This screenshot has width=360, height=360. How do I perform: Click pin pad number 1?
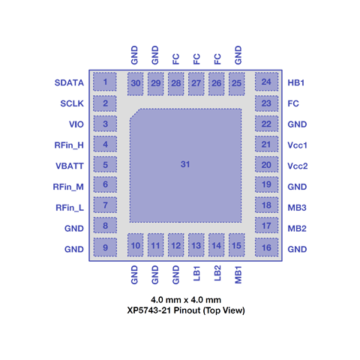point(105,82)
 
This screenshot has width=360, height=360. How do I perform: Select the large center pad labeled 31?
point(185,165)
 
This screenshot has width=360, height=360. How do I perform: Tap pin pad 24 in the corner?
point(266,82)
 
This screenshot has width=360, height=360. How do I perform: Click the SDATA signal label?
point(69,82)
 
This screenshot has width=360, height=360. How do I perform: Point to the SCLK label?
point(72,103)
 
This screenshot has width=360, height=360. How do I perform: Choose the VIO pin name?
point(76,124)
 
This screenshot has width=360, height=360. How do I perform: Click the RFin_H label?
point(69,145)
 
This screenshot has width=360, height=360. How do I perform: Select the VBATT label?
point(70,166)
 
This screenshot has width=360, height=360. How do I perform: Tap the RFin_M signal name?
point(68,187)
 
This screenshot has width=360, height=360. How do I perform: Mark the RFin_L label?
point(70,208)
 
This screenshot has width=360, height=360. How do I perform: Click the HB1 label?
point(296,82)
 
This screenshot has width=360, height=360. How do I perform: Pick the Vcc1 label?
point(297,145)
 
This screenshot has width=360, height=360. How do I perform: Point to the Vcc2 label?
point(298,166)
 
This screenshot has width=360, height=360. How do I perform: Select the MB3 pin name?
point(297,208)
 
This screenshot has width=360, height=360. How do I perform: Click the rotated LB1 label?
point(196,274)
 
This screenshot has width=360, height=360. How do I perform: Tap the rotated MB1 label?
point(238,274)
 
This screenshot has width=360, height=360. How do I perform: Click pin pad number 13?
point(196,245)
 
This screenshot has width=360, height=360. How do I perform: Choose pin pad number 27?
point(196,84)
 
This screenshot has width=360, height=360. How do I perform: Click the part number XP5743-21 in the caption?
point(149,310)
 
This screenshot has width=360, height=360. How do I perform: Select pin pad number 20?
point(266,164)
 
